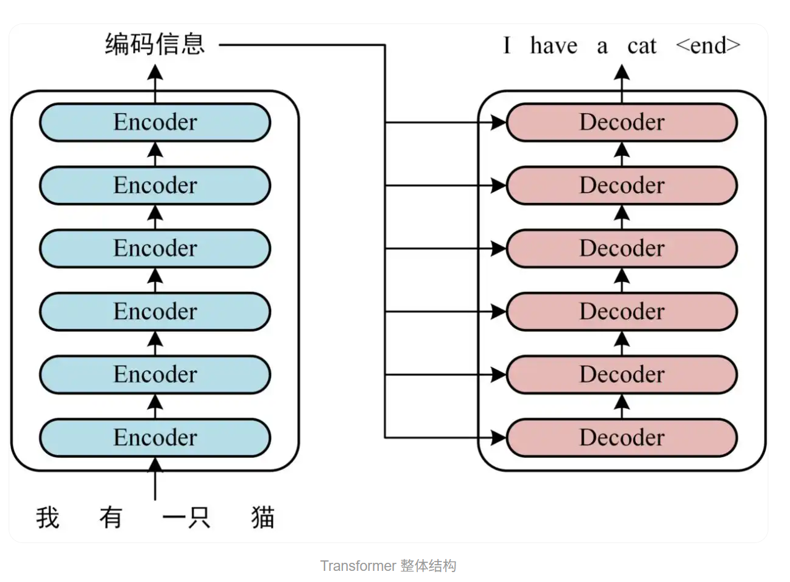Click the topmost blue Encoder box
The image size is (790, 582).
pyautogui.click(x=155, y=122)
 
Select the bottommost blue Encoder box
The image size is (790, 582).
pyautogui.click(x=155, y=438)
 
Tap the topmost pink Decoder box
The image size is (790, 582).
pyautogui.click(x=622, y=122)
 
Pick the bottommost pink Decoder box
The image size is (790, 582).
pyautogui.click(x=622, y=438)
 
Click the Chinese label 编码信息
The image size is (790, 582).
pyautogui.click(x=155, y=45)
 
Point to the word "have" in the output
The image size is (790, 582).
pyautogui.click(x=553, y=46)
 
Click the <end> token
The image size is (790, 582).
pyautogui.click(x=708, y=46)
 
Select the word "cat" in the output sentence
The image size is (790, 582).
pyautogui.click(x=641, y=46)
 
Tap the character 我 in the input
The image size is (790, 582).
pyautogui.click(x=48, y=518)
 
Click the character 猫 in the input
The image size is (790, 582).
pyautogui.click(x=263, y=518)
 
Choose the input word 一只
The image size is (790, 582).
pyautogui.click(x=186, y=518)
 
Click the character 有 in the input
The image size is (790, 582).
pyautogui.click(x=111, y=518)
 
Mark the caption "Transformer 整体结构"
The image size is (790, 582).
pyautogui.click(x=388, y=566)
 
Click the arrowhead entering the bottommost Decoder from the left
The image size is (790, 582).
pyautogui.click(x=499, y=438)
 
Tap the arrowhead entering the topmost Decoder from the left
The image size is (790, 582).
pyautogui.click(x=499, y=122)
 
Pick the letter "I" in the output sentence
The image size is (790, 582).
pyautogui.click(x=507, y=46)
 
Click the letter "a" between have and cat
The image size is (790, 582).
pyautogui.click(x=602, y=46)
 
